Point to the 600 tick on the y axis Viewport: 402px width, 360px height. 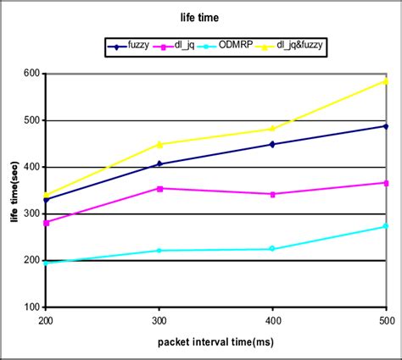tap(33, 74)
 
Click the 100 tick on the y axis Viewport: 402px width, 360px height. tap(33, 307)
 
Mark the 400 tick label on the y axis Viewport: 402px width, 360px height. tap(33, 167)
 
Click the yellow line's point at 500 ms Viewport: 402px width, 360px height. tap(386, 81)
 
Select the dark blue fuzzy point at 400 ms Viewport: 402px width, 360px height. tap(272, 144)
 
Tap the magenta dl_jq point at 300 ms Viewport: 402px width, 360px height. tap(159, 188)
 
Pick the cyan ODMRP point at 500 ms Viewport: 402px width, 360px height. tap(386, 226)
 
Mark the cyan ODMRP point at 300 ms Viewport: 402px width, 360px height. tap(159, 251)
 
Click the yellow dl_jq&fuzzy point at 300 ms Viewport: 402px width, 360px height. tap(159, 144)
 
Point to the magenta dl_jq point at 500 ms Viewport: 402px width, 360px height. tap(386, 183)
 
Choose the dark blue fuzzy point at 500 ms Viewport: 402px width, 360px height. tap(386, 126)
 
